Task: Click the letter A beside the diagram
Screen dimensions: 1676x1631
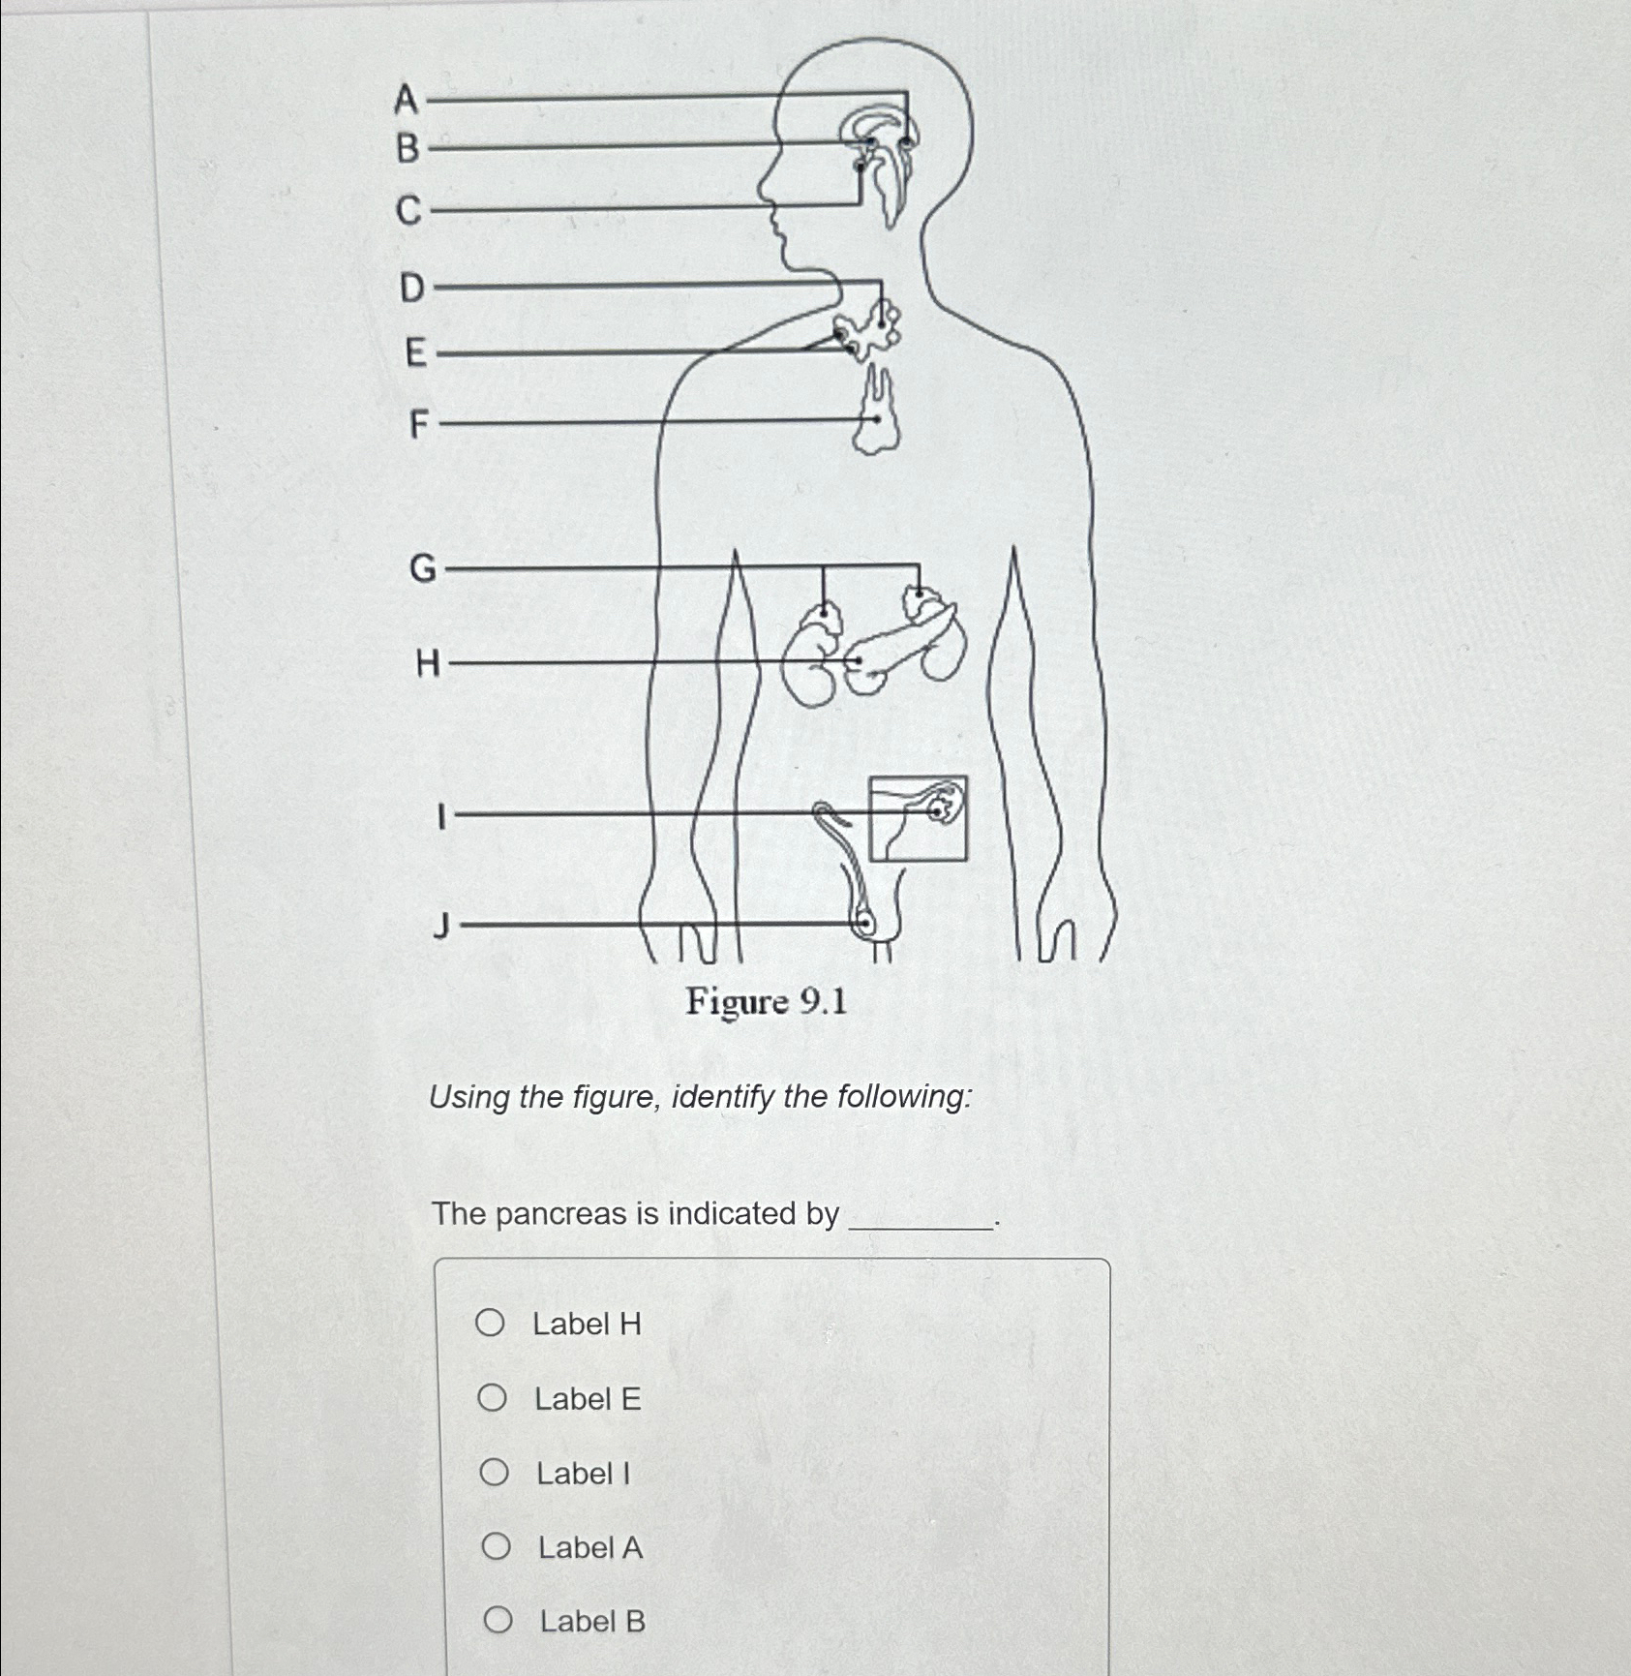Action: pyautogui.click(x=407, y=99)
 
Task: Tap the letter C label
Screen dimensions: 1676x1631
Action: pyautogui.click(x=409, y=209)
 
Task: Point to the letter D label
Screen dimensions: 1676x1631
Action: pyautogui.click(x=411, y=288)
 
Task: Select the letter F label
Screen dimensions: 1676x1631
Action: pyautogui.click(x=418, y=423)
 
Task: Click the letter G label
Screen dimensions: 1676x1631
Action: pyautogui.click(x=423, y=568)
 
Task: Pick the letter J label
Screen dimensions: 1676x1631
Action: pyautogui.click(x=441, y=927)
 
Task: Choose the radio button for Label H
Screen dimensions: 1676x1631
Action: pyautogui.click(x=490, y=1323)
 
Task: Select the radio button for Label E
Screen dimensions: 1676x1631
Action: pyautogui.click(x=492, y=1397)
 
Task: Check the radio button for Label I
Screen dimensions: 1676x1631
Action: pyautogui.click(x=494, y=1472)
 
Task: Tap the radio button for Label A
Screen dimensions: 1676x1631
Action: pyautogui.click(x=496, y=1546)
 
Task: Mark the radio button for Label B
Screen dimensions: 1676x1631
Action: pyautogui.click(x=498, y=1620)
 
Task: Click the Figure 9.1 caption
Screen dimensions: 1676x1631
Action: pyautogui.click(x=766, y=1001)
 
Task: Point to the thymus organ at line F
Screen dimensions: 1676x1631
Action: pyautogui.click(x=876, y=416)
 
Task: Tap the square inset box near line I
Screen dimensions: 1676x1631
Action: pyautogui.click(x=918, y=818)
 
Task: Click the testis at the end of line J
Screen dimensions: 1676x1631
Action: pyautogui.click(x=864, y=924)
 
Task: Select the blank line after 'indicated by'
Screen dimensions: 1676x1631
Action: pyautogui.click(x=920, y=1222)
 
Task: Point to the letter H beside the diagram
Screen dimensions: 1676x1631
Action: pyautogui.click(x=427, y=663)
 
